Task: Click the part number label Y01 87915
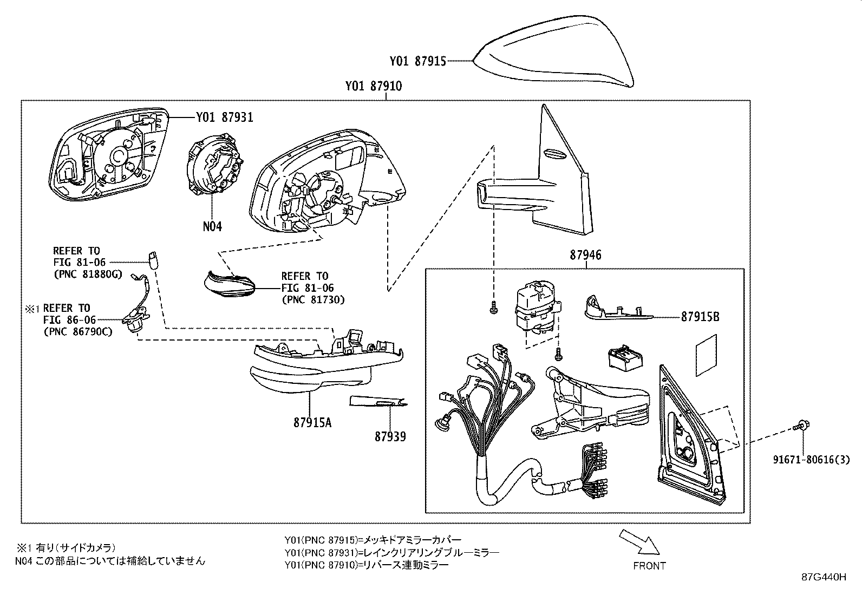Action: tap(417, 61)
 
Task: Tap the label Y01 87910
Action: tap(373, 86)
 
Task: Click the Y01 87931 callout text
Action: tap(224, 117)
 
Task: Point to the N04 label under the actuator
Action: tap(212, 227)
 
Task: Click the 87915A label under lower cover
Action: tap(312, 422)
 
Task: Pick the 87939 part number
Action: tap(390, 436)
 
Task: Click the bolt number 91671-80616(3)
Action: tap(811, 460)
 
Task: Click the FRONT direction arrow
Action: tap(639, 542)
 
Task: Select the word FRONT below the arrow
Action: tap(649, 566)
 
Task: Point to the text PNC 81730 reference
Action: tap(312, 299)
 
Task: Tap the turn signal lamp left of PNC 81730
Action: tap(230, 284)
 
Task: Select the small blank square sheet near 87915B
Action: tap(706, 355)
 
